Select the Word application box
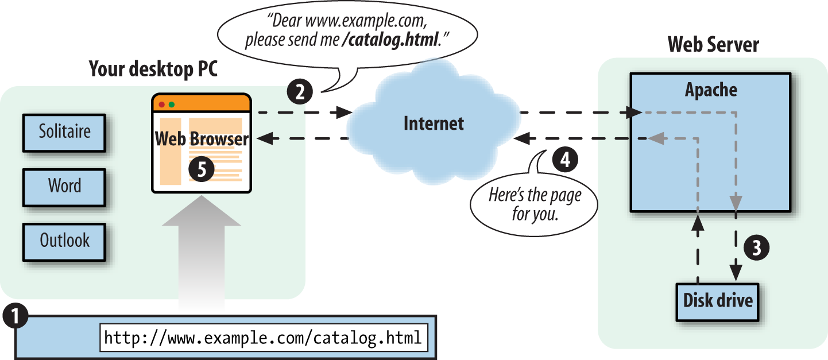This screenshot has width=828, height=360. tap(64, 187)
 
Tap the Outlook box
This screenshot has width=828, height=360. tap(64, 241)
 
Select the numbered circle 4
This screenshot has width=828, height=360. tap(565, 159)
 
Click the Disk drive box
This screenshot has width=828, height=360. tap(718, 300)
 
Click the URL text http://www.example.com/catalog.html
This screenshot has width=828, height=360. tap(263, 337)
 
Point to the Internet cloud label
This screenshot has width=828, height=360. tap(434, 123)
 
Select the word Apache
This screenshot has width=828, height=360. tap(711, 90)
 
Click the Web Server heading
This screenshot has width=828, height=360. tap(713, 45)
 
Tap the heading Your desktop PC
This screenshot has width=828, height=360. tap(153, 70)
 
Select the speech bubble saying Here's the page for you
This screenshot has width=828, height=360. tap(533, 204)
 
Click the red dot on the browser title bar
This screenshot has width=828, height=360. tap(161, 104)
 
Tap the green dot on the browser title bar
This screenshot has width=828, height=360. tap(171, 104)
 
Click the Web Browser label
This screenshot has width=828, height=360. tap(202, 139)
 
